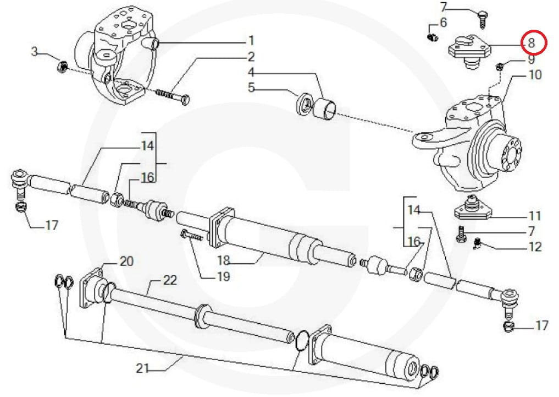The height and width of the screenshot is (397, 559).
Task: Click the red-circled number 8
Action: click(x=531, y=42)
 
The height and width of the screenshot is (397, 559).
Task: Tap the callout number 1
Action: click(x=251, y=41)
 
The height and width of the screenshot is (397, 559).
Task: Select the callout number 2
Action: click(x=251, y=57)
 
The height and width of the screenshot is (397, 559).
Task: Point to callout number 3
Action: click(x=35, y=52)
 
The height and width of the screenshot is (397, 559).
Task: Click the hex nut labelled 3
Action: click(x=62, y=68)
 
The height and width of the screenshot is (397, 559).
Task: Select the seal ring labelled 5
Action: click(x=304, y=105)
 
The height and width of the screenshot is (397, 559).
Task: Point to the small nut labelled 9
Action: click(x=500, y=67)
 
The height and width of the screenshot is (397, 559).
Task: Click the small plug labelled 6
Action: click(x=433, y=37)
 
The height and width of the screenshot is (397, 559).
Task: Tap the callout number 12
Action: click(x=534, y=247)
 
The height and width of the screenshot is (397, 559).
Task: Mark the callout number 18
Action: click(x=223, y=260)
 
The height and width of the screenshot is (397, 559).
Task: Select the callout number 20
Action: click(x=126, y=262)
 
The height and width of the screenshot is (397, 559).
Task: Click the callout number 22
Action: click(x=170, y=281)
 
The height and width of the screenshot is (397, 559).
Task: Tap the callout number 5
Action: click(x=251, y=87)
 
